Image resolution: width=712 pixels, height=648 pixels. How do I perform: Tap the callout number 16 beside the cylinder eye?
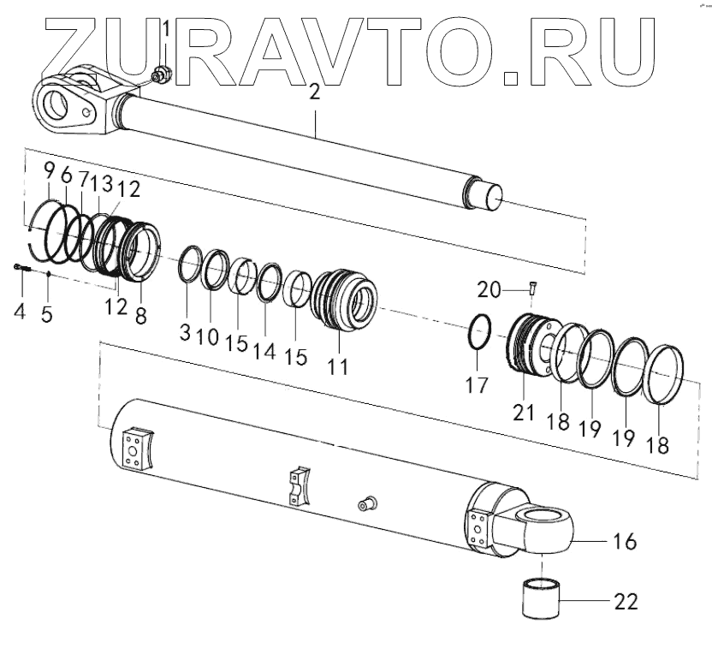tap(626, 542)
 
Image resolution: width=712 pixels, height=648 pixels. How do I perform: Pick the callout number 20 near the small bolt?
tap(489, 290)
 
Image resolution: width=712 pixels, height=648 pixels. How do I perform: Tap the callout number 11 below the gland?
tap(339, 367)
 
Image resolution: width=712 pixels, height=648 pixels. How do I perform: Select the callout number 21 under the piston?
tap(524, 412)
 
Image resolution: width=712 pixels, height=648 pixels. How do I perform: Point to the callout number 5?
tap(47, 312)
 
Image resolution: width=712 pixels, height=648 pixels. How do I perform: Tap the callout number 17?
tap(478, 385)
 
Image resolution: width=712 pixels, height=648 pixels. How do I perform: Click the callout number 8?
tap(140, 314)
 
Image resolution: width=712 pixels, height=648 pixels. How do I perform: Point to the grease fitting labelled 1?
tap(160, 76)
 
